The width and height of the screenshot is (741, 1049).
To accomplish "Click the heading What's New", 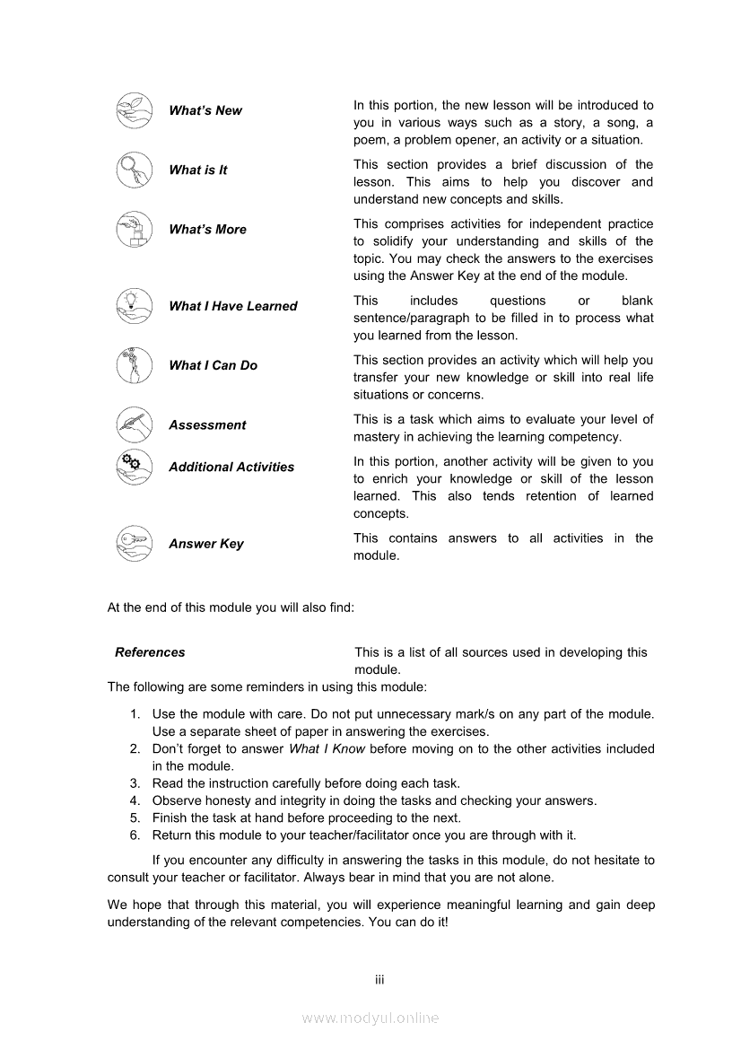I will click(x=205, y=110).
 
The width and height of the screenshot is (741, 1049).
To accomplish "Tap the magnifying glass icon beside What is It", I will click(x=133, y=170).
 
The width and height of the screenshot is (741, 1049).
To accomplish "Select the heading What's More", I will click(x=207, y=229).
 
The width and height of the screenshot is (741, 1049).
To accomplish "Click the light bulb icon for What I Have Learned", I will click(x=133, y=305).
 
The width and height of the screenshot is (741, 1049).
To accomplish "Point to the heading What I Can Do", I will click(x=213, y=365).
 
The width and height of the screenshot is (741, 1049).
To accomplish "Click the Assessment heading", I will click(x=207, y=425).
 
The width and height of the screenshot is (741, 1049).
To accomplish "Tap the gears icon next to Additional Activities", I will click(x=133, y=466).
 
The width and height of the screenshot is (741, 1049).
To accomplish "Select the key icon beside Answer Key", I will click(x=133, y=543).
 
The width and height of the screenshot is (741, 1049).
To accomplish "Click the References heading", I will click(x=150, y=652).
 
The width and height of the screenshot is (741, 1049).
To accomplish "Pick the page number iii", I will click(x=379, y=979).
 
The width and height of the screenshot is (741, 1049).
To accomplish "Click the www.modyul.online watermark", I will click(x=370, y=1018).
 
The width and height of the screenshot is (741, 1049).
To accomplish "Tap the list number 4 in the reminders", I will click(x=135, y=800).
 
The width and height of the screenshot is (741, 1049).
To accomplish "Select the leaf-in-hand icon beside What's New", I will click(x=133, y=110).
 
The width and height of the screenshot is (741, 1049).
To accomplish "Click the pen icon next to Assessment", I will click(x=133, y=424).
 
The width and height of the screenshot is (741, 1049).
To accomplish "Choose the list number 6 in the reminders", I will click(x=135, y=835).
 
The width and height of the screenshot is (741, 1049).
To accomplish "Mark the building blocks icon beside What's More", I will click(x=133, y=230).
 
